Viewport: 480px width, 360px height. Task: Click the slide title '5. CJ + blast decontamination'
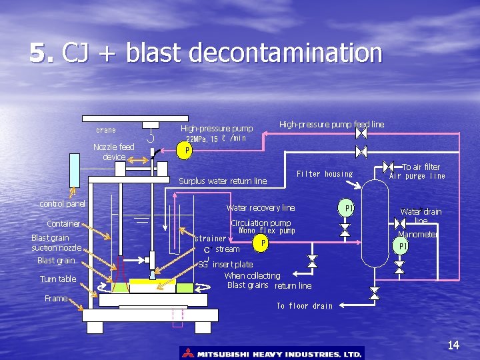205,53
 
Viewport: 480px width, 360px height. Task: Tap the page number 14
453,345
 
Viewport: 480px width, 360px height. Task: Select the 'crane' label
105,130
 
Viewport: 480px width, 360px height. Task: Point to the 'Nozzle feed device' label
113,151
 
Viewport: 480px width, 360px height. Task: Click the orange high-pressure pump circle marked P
187,151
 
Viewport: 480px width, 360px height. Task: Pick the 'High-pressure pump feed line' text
331,124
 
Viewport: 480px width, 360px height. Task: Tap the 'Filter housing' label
325,174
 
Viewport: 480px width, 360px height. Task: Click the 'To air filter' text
421,167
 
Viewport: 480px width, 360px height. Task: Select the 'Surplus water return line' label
223,181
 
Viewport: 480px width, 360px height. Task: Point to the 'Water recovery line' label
261,208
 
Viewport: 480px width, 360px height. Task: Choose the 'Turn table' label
58,279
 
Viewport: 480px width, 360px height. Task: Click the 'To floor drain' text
304,306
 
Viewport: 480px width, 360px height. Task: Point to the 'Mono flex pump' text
267,231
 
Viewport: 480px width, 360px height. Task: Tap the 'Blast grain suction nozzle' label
57,243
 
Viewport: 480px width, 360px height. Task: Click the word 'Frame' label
56,298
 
